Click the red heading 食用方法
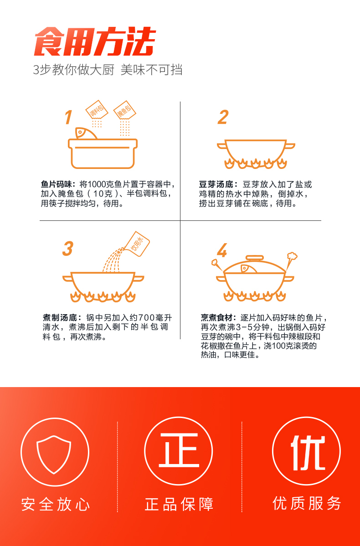coord(95,41)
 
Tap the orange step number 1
coord(69,117)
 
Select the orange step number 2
coord(223,117)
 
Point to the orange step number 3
coord(68,249)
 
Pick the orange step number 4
coord(222,250)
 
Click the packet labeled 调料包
coord(96,110)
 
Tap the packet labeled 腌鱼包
coord(125,110)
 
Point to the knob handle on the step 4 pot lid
coord(255,258)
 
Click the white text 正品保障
coord(179,504)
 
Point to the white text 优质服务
coord(307,504)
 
